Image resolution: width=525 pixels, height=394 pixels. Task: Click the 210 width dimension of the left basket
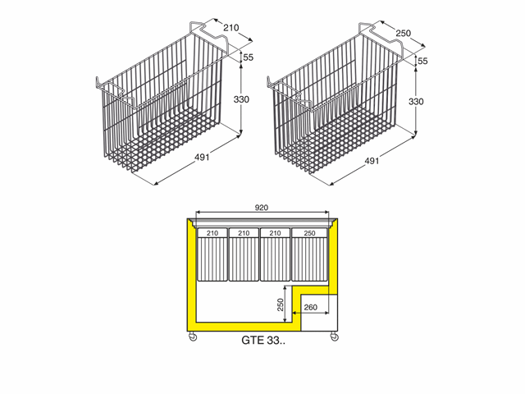(231, 28)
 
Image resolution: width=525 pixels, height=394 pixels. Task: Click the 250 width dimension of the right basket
(403, 33)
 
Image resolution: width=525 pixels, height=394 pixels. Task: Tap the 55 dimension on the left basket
(248, 57)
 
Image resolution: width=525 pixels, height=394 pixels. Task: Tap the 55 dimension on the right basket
(422, 61)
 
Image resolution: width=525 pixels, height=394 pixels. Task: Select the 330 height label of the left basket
(241, 99)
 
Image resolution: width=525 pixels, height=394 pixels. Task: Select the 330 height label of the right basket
(416, 102)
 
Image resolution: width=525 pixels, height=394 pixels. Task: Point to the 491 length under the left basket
(202, 157)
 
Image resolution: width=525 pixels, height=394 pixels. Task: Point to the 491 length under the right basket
(372, 161)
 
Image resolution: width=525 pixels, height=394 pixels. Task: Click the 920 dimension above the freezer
(262, 208)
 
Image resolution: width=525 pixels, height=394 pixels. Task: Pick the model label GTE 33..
(263, 341)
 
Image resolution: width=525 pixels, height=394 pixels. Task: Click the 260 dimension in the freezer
(310, 307)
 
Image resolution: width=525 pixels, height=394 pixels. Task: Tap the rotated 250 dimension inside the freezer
(281, 305)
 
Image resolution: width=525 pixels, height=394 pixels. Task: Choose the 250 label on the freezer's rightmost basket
(309, 233)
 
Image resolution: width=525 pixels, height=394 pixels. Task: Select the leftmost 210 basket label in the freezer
(212, 233)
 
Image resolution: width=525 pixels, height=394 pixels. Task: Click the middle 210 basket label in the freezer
(244, 233)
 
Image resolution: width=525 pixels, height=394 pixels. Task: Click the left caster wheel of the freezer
(193, 337)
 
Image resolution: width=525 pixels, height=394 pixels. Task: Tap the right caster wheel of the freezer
(334, 337)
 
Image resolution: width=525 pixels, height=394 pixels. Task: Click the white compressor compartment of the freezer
(319, 312)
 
